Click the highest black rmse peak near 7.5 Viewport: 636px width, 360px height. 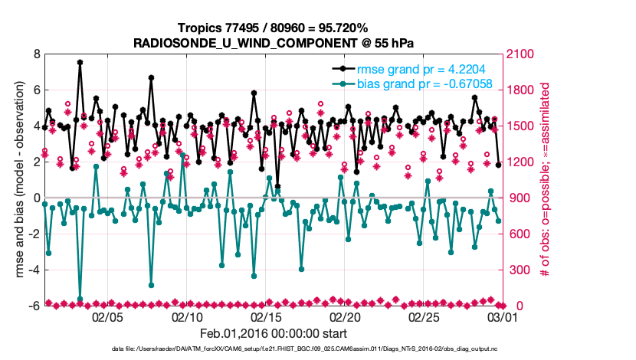click(80, 62)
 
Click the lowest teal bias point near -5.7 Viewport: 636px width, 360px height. click(80, 299)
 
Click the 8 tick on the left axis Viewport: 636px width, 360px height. click(36, 54)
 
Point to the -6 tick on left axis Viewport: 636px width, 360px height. click(34, 306)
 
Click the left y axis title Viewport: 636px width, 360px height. click(18, 180)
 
